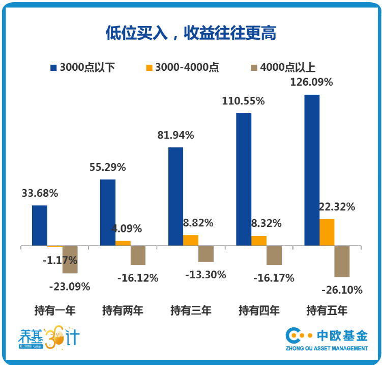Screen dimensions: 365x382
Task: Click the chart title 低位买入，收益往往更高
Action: click(191, 33)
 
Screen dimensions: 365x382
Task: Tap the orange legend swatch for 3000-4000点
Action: click(149, 67)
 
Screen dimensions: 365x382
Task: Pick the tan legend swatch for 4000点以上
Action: click(254, 67)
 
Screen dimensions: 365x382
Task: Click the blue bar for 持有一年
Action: click(40, 226)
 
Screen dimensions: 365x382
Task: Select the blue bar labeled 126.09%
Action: click(312, 170)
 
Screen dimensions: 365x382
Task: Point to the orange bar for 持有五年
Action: click(327, 232)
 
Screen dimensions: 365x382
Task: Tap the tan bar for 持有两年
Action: click(138, 255)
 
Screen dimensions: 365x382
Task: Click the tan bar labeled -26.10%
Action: click(342, 262)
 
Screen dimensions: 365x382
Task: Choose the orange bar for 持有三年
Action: click(191, 241)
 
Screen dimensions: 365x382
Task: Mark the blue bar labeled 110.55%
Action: click(244, 179)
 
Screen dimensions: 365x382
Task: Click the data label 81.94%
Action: click(175, 136)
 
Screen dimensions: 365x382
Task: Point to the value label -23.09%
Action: click(70, 286)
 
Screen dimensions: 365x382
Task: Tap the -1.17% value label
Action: click(60, 260)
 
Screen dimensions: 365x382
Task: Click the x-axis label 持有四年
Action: click(259, 310)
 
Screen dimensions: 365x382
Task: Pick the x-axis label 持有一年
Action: click(54, 310)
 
